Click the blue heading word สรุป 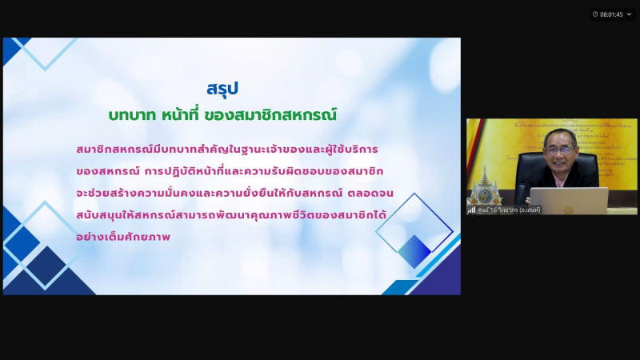(x=222, y=89)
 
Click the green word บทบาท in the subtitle (x=132, y=115)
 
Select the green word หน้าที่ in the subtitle (x=180, y=114)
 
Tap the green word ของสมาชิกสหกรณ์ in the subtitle (x=270, y=114)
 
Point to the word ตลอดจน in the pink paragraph (x=370, y=193)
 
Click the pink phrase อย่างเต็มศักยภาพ (x=123, y=236)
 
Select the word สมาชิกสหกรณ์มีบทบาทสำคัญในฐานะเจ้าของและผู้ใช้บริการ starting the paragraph (x=227, y=150)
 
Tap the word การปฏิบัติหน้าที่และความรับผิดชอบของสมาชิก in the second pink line (x=264, y=171)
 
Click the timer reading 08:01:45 (x=611, y=14)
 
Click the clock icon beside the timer (x=595, y=14)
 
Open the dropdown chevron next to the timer (x=629, y=14)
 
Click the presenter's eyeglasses (x=559, y=150)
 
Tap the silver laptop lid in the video (x=570, y=201)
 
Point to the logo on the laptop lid (x=569, y=210)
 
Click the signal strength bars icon (x=472, y=210)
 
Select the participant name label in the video (x=509, y=210)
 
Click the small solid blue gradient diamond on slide (x=414, y=251)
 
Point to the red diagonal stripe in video (x=474, y=146)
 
